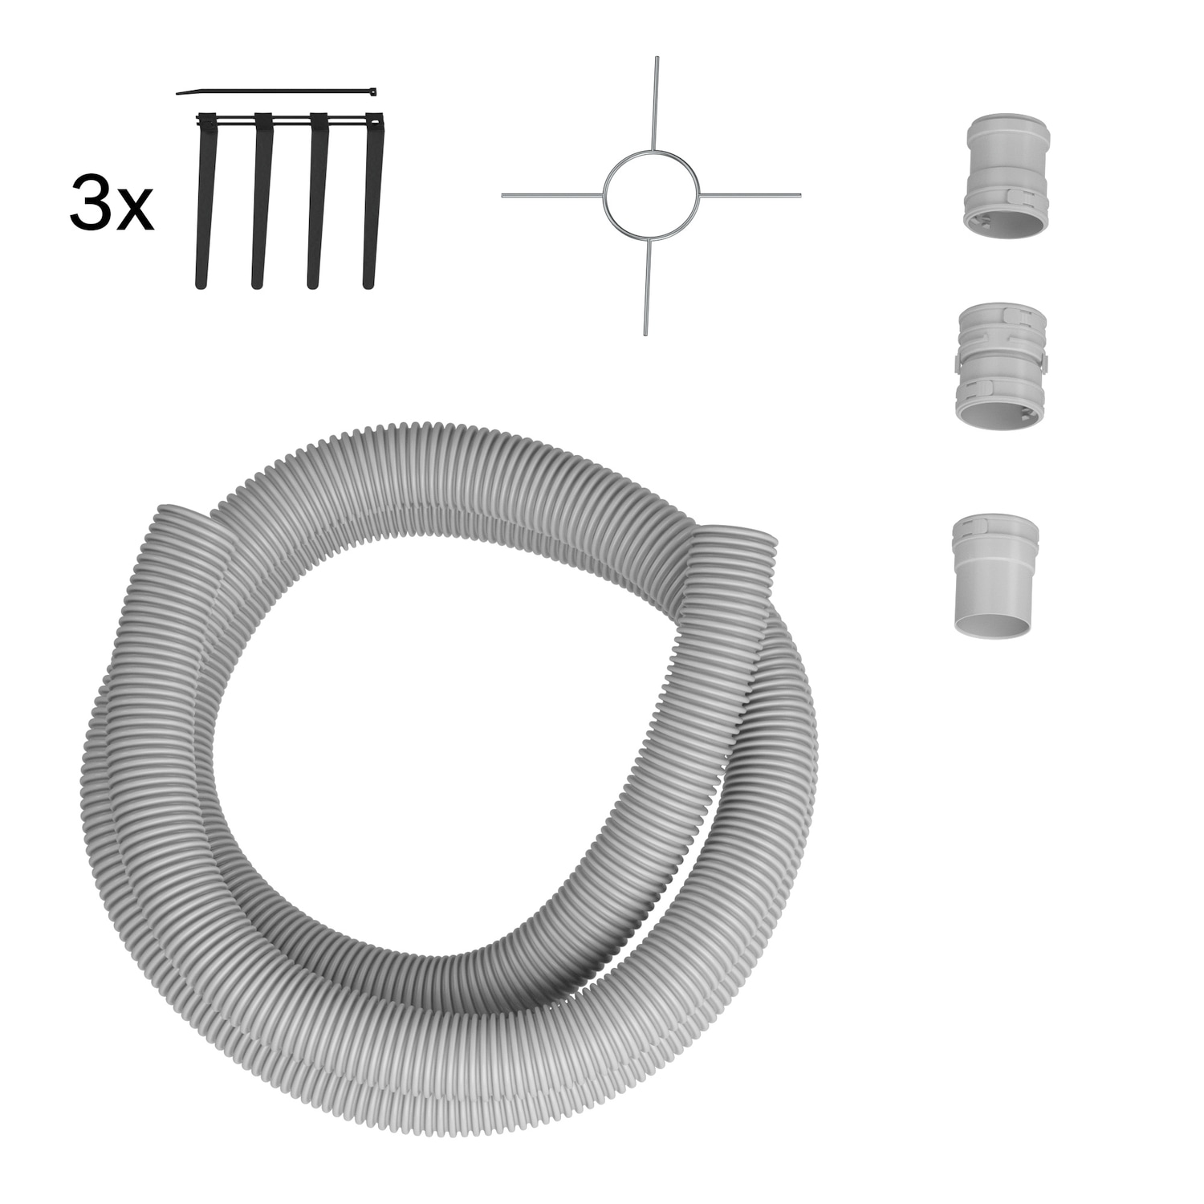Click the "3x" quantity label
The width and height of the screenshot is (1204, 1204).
[x=112, y=205]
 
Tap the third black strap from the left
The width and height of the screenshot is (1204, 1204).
[x=316, y=201]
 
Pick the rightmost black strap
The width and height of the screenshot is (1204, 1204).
[x=372, y=201]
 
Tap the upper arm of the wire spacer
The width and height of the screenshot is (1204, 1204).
[x=657, y=102]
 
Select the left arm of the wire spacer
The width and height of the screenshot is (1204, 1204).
[x=552, y=195]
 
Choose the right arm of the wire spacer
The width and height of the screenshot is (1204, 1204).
[x=750, y=195]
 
